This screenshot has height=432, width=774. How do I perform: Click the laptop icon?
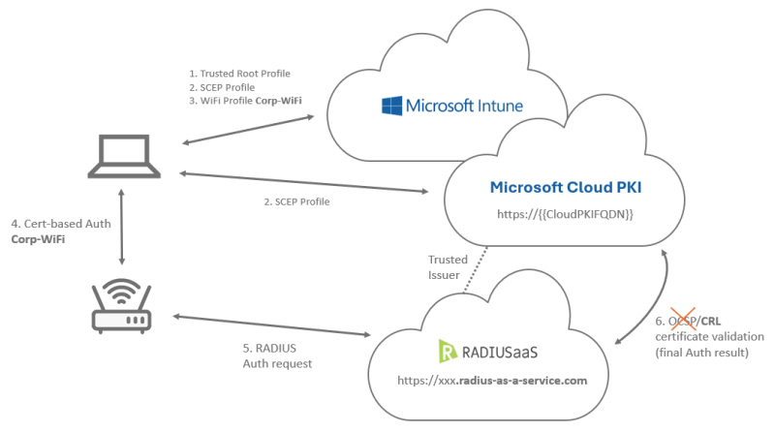(x=122, y=158)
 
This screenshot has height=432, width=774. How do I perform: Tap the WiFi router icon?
(x=122, y=304)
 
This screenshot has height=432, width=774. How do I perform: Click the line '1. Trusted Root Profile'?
(x=238, y=74)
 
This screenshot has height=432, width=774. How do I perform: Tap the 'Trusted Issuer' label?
(x=449, y=266)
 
